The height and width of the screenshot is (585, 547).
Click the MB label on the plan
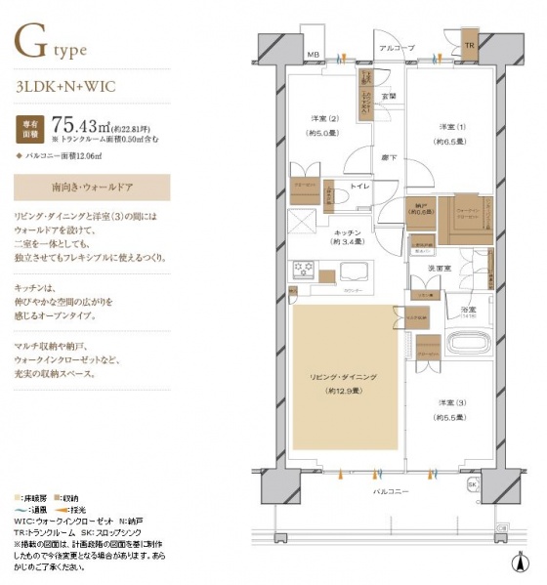pyautogui.click(x=313, y=54)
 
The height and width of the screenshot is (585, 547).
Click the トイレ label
pyautogui.click(x=358, y=185)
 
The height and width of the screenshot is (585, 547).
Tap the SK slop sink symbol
pyautogui.click(x=473, y=485)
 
